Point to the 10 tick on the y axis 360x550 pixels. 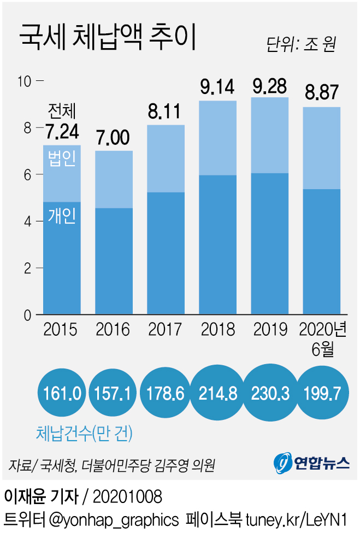click(x=25, y=81)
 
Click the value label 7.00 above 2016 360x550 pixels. click(x=114, y=139)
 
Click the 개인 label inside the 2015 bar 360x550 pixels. click(x=62, y=217)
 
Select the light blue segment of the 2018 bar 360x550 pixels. click(x=217, y=138)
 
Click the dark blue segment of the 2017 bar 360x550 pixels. click(x=166, y=253)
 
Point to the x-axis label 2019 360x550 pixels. click(x=270, y=330)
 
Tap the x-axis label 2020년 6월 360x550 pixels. click(x=323, y=338)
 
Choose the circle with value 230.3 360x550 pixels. click(x=270, y=394)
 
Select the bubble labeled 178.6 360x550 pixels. click(x=166, y=394)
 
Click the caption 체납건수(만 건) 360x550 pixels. click(x=84, y=434)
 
